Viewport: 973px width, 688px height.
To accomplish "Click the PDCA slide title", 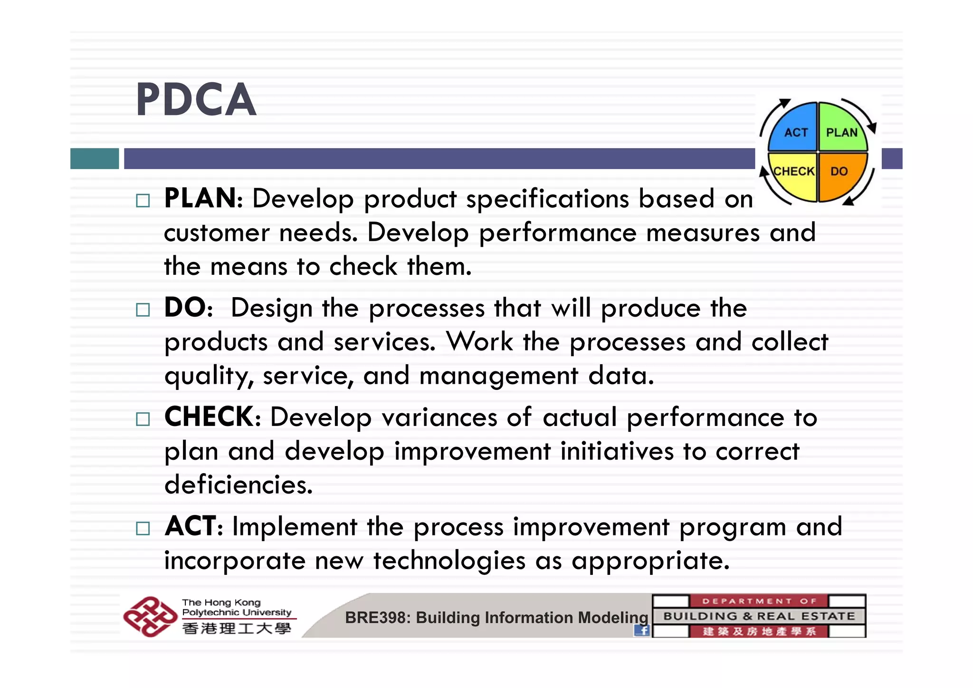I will point(196,100).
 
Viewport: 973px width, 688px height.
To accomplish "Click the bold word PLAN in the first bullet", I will point(201,198).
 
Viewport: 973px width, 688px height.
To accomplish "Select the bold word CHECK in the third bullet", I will point(210,417).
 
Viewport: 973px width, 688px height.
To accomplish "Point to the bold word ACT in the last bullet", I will point(191,526).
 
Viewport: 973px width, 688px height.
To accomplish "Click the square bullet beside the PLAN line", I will point(143,200).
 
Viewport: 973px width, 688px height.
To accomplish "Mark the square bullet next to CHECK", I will point(143,419).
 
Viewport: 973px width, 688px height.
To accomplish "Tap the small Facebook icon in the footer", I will point(642,630).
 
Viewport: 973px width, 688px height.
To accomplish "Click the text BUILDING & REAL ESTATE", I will point(759,616).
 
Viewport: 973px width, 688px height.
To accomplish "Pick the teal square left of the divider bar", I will point(95,158).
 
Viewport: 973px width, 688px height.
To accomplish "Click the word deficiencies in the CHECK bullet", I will point(238,485).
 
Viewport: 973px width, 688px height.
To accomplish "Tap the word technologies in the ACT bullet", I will point(449,560).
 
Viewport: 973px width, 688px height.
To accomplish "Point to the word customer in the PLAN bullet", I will point(216,233).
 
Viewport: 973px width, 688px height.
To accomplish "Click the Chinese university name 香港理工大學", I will point(236,629).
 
